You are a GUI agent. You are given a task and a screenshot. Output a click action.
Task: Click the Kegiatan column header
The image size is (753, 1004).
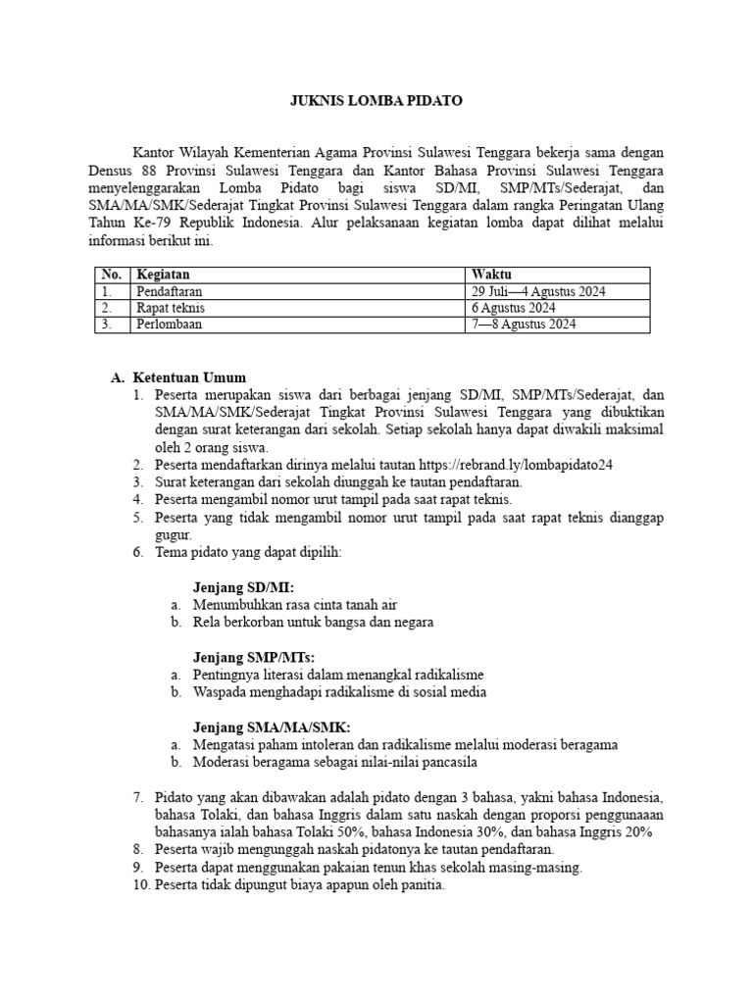pyautogui.click(x=163, y=275)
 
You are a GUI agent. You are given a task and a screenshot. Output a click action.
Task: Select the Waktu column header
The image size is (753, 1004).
pyautogui.click(x=491, y=275)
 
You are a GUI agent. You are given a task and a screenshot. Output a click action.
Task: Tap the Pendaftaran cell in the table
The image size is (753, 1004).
pyautogui.click(x=173, y=291)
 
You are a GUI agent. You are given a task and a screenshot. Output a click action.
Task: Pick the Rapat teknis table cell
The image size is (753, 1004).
pyautogui.click(x=171, y=308)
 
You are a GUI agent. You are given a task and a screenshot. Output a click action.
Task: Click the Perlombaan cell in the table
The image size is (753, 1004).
pyautogui.click(x=170, y=325)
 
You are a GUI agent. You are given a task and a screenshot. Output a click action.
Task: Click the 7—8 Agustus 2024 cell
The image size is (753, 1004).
pyautogui.click(x=524, y=325)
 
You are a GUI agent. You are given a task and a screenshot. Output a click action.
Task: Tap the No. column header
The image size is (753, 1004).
pyautogui.click(x=111, y=275)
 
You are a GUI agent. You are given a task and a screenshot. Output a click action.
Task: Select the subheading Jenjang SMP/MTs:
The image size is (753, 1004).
pyautogui.click(x=255, y=657)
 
